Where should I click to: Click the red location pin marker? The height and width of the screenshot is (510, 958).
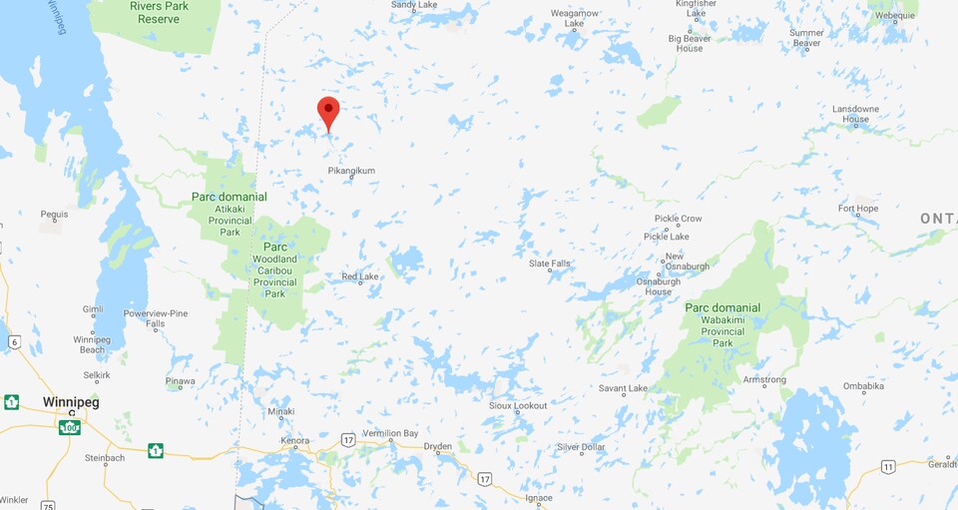coord(328,112)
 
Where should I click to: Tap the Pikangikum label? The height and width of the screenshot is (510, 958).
coord(351,171)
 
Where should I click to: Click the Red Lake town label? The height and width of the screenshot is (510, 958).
coord(359,276)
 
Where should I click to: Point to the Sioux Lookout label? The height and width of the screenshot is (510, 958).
coord(518,405)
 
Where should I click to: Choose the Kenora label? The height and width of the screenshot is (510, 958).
coord(296,440)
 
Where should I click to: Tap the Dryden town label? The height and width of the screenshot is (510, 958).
coord(437,446)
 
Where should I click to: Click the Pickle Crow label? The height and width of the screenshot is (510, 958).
coord(679,219)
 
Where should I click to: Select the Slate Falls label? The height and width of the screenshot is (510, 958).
coord(550,263)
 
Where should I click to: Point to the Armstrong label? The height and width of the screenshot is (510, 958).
coord(765,379)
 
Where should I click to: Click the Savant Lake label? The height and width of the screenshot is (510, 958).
coord(623,388)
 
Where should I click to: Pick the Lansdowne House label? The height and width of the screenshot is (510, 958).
coord(855,114)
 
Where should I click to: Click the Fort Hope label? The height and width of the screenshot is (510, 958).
coord(858,210)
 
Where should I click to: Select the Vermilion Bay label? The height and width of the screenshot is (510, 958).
coord(389,433)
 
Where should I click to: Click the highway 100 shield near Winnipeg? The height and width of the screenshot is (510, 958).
coord(69,427)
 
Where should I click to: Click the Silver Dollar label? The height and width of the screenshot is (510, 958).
coord(581,447)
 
